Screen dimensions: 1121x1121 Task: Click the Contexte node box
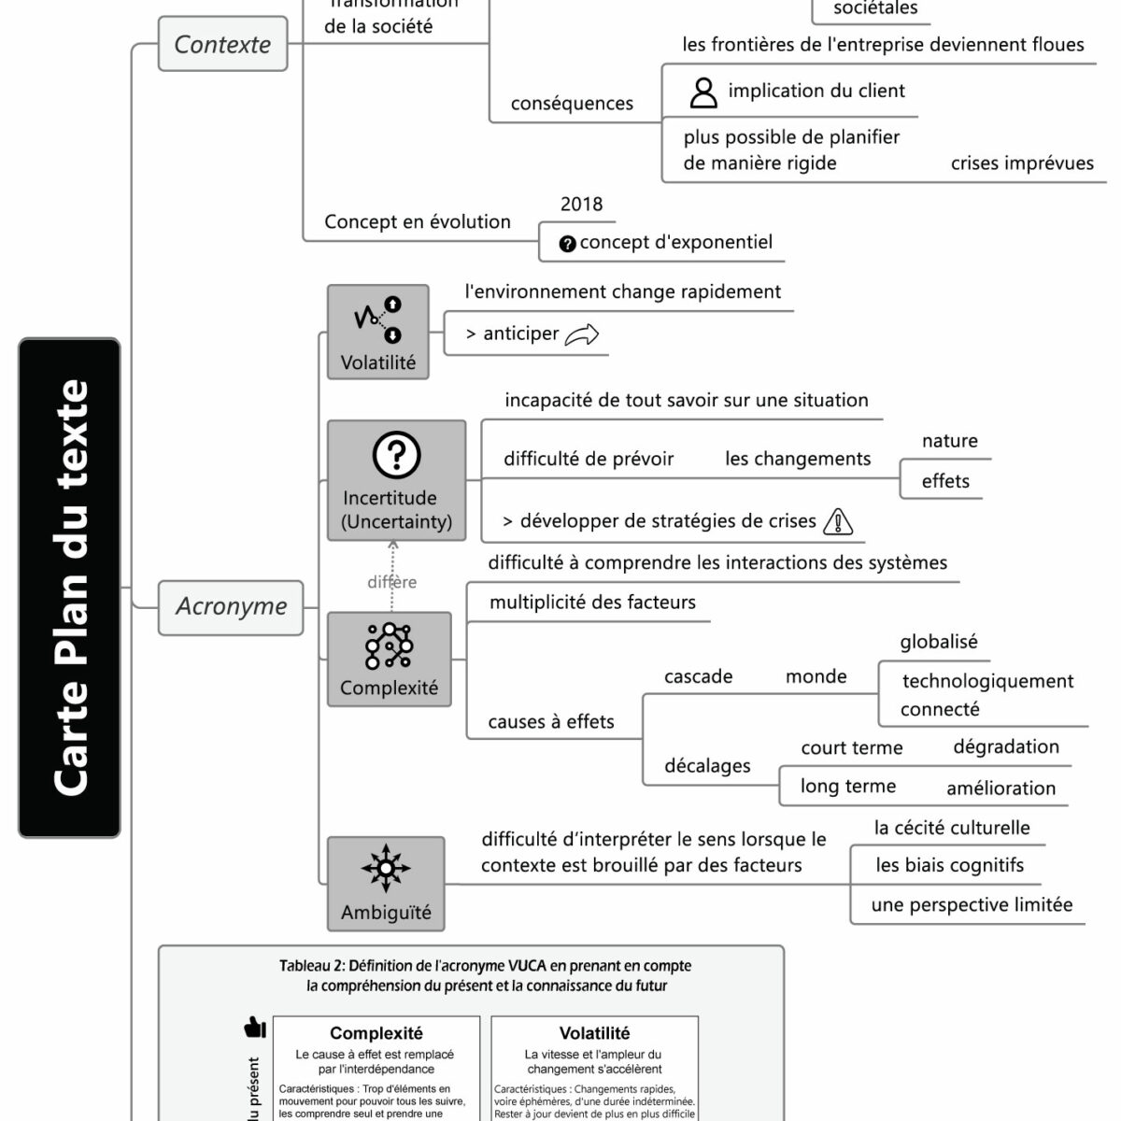pos(222,44)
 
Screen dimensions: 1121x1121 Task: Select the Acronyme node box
pos(231,607)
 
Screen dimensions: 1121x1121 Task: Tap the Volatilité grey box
pos(377,332)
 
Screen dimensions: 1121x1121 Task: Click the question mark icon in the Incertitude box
pos(396,455)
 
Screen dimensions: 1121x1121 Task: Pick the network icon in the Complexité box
pos(390,646)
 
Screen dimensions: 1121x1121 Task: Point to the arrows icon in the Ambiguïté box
pos(385,869)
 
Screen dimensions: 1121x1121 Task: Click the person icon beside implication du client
pos(702,92)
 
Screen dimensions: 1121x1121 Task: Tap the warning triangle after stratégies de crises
pos(838,521)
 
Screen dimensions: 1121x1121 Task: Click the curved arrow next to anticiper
pos(582,334)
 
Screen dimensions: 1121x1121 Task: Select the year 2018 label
pos(581,205)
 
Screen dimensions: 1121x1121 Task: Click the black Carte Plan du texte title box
pos(69,588)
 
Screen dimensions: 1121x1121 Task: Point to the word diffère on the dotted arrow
pos(392,583)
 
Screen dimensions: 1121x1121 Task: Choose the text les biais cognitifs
pos(949,865)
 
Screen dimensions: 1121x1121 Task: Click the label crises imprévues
pos(1022,163)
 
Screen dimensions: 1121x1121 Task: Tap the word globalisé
pos(938,642)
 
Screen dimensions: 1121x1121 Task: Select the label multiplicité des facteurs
pos(592,603)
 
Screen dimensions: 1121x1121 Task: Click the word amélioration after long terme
pos(1000,788)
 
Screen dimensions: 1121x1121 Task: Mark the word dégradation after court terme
pos(1006,746)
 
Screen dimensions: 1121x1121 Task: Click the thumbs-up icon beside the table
pos(254,1028)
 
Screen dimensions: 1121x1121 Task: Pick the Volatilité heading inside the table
pos(594,1033)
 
